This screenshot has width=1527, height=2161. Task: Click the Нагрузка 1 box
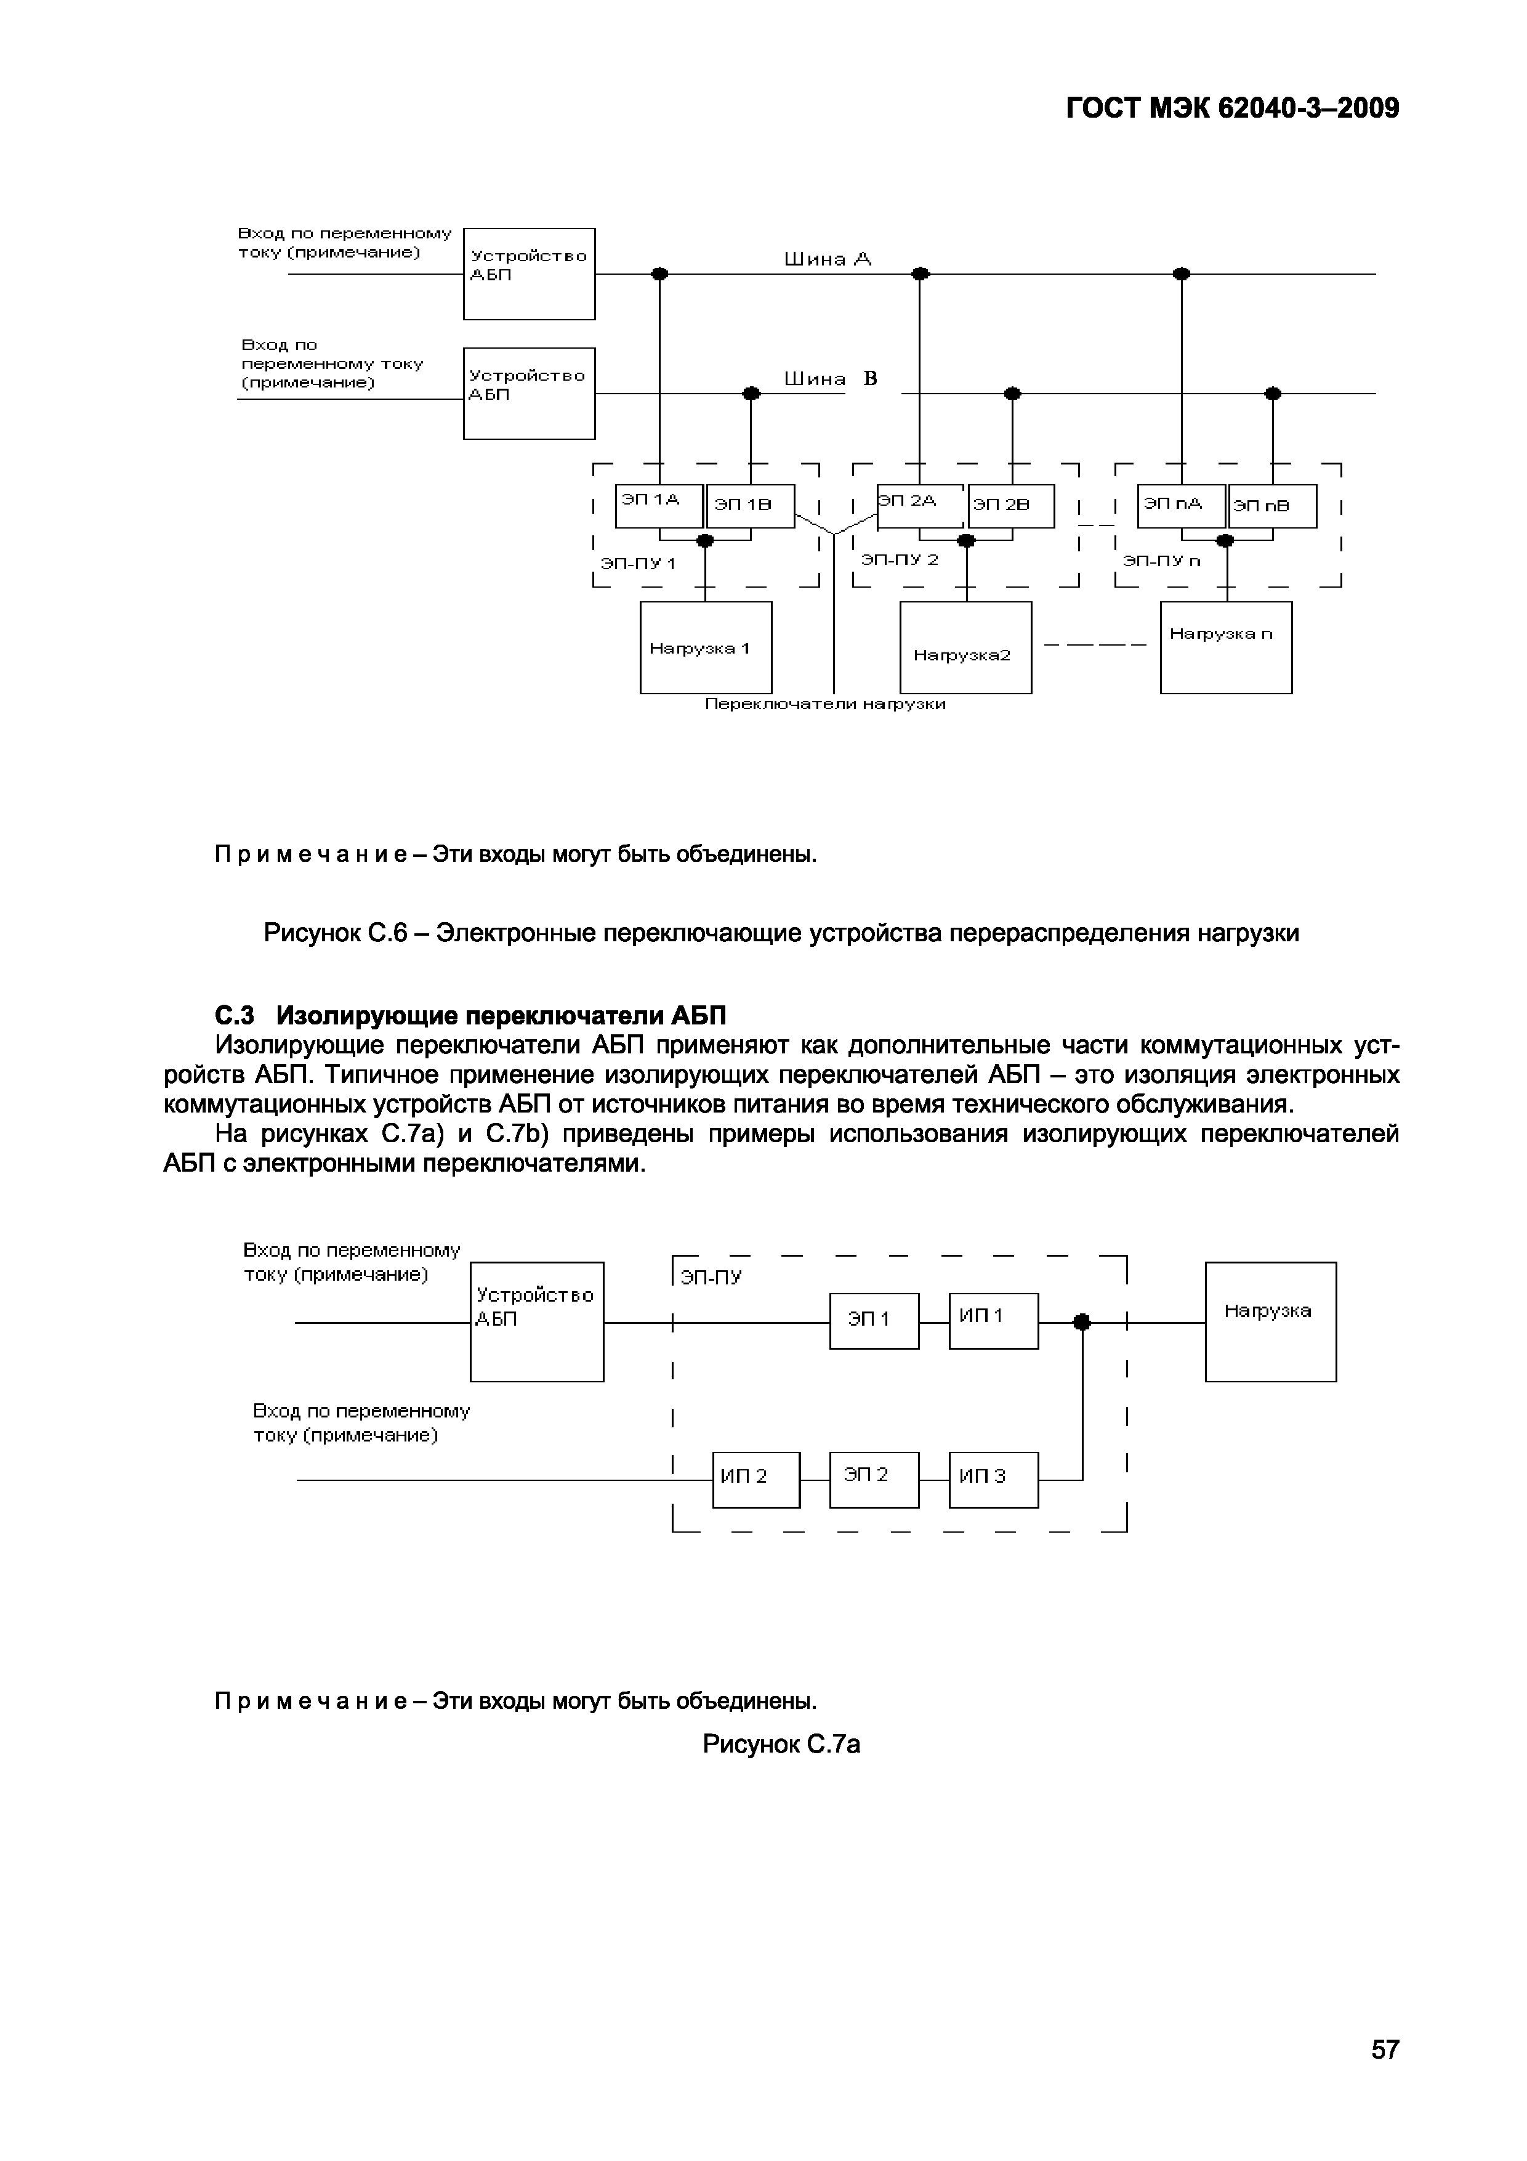(x=706, y=647)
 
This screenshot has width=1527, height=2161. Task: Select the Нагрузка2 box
(x=965, y=647)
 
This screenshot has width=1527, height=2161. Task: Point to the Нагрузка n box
(x=1225, y=647)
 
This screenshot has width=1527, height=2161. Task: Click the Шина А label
(x=828, y=259)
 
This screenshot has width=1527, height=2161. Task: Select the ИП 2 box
(x=755, y=1480)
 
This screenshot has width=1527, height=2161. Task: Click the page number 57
(x=1385, y=2049)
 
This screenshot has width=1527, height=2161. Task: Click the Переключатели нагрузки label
(x=825, y=704)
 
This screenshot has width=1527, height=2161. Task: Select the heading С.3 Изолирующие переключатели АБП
(x=470, y=1016)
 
